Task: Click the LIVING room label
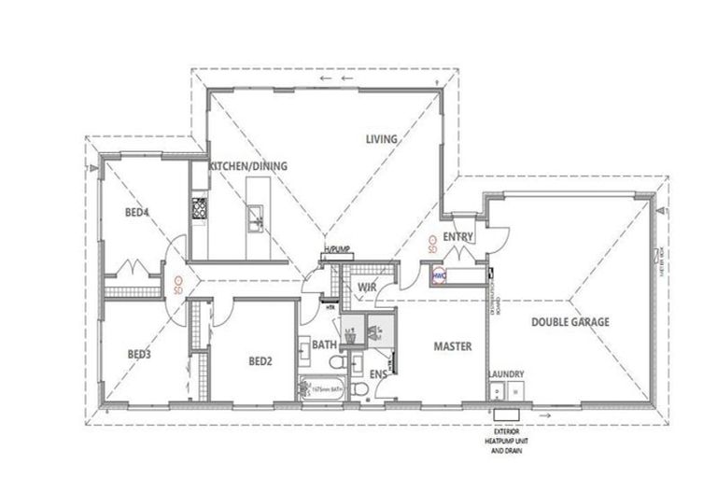pyautogui.click(x=381, y=139)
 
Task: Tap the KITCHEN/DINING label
pyautogui.click(x=247, y=166)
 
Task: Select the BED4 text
pyautogui.click(x=137, y=212)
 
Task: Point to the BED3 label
pyautogui.click(x=139, y=354)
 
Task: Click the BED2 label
pyautogui.click(x=260, y=360)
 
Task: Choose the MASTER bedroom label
pyautogui.click(x=452, y=346)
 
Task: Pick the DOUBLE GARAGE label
pyautogui.click(x=570, y=322)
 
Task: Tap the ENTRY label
pyautogui.click(x=458, y=237)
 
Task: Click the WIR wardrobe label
pyautogui.click(x=367, y=288)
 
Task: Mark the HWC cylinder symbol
pyautogui.click(x=439, y=275)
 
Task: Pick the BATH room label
pyautogui.click(x=323, y=344)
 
